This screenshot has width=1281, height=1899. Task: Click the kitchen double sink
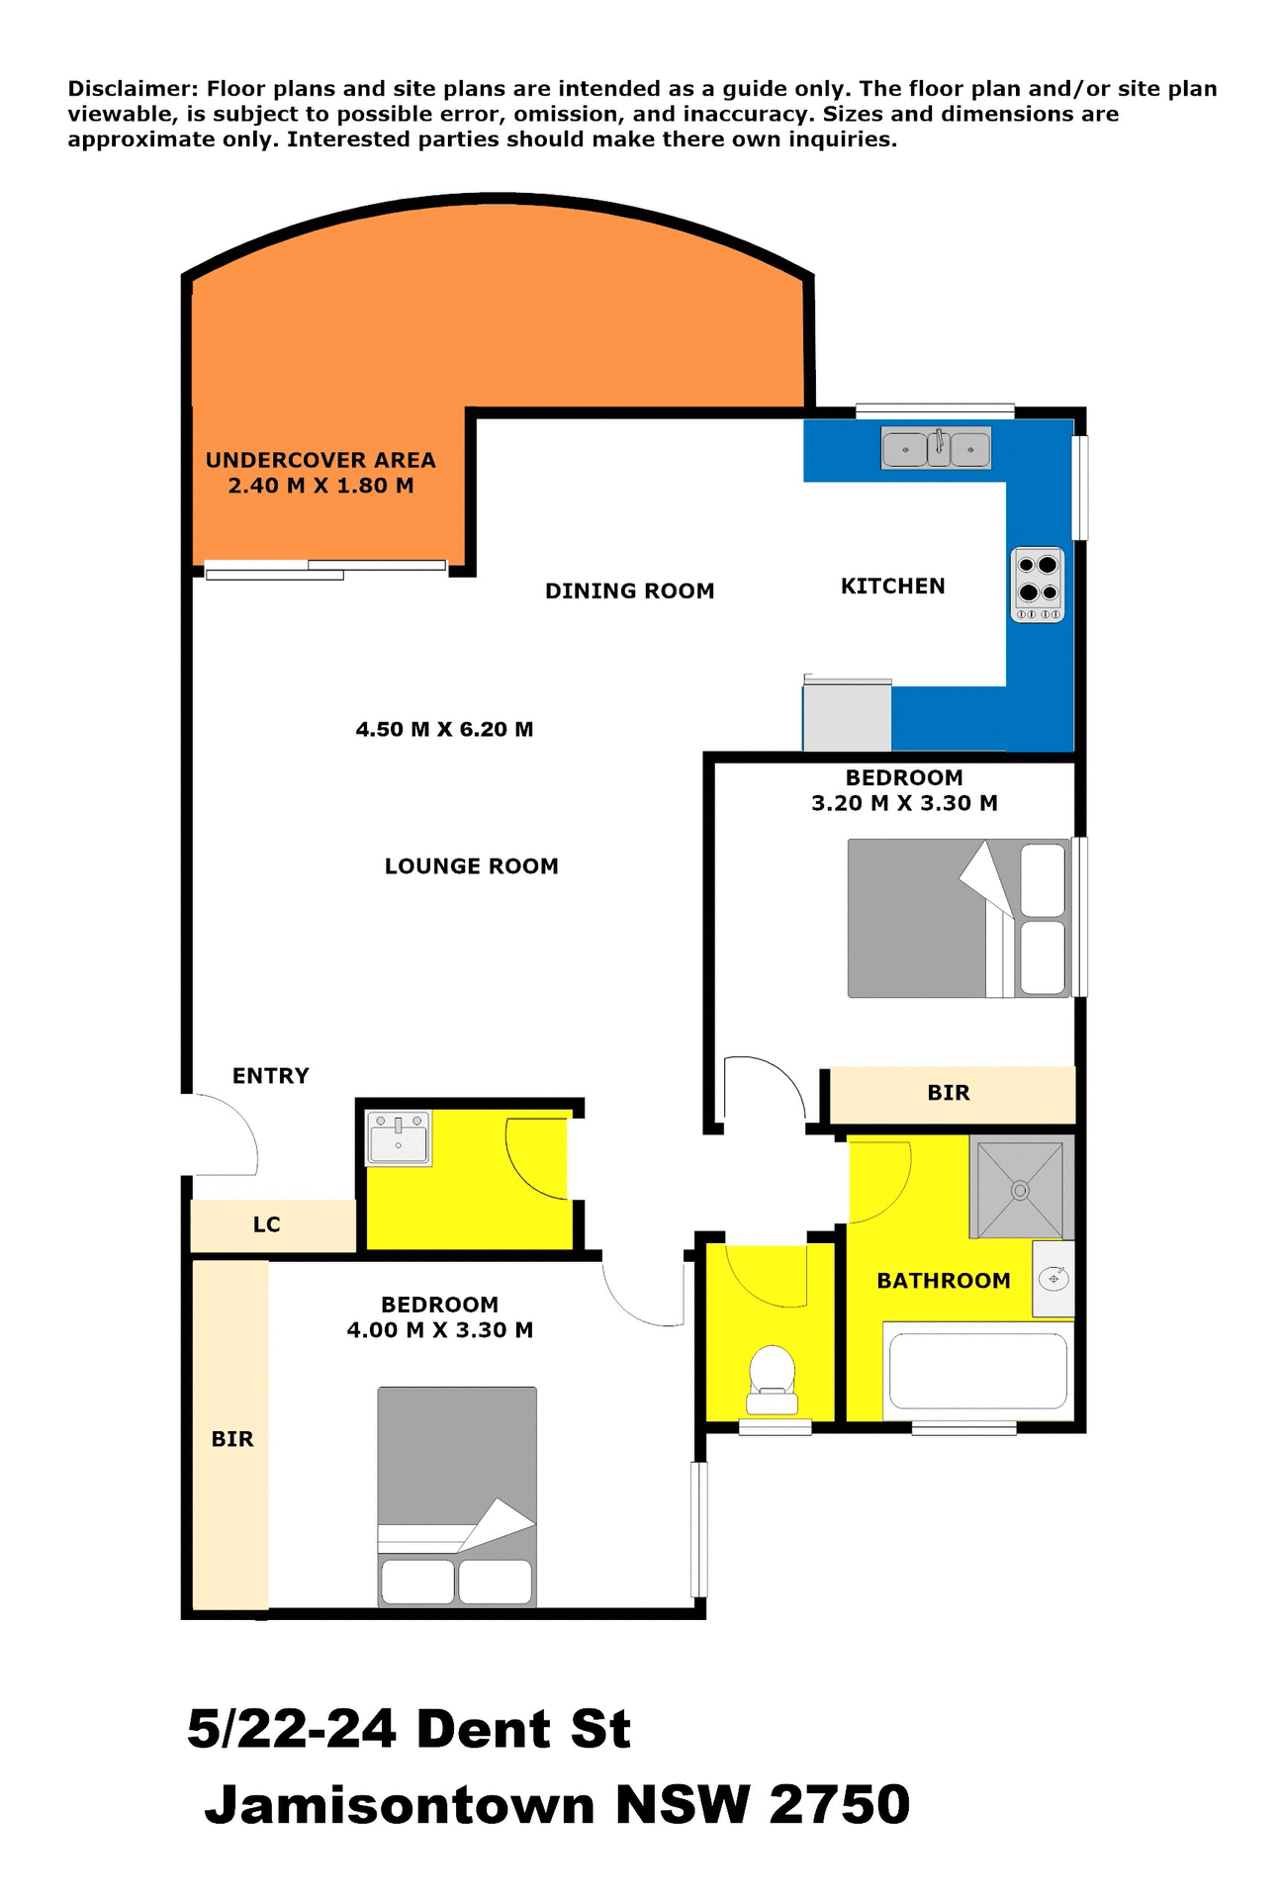point(936,449)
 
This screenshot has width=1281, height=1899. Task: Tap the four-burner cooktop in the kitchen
point(1038,585)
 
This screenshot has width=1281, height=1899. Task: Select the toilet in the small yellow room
point(772,1379)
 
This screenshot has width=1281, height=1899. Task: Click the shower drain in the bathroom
point(1020,1190)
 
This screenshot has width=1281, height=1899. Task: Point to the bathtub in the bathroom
point(977,1371)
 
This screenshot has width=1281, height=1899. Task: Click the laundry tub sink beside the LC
point(399,1138)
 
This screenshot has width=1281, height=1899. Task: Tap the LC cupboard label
point(267,1224)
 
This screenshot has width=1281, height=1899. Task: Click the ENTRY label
point(270,1075)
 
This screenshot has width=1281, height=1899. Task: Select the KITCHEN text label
point(892,587)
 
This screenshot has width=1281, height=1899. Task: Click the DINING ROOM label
point(629,591)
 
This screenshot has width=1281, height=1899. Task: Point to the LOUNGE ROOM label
point(471,866)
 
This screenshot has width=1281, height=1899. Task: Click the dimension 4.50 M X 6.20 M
point(444,730)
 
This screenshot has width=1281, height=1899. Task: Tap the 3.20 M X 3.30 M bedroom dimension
point(904,803)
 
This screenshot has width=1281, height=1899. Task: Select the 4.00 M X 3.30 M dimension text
point(439,1330)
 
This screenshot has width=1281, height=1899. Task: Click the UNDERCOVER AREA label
point(320,460)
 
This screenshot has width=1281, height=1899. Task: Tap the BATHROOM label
point(943,1281)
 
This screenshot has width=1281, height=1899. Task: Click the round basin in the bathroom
point(1053,1279)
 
